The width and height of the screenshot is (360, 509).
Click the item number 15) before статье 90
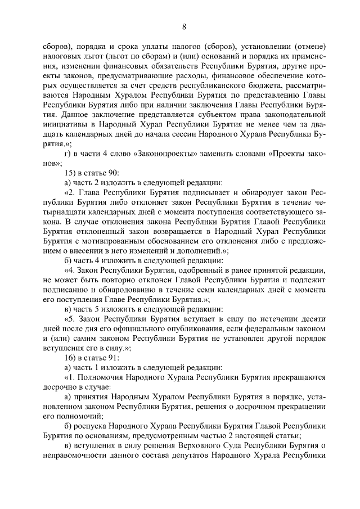(x=73, y=173)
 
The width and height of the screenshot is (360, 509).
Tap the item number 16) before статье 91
(x=73, y=358)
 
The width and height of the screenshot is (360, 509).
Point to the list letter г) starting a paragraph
(x=68, y=154)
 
